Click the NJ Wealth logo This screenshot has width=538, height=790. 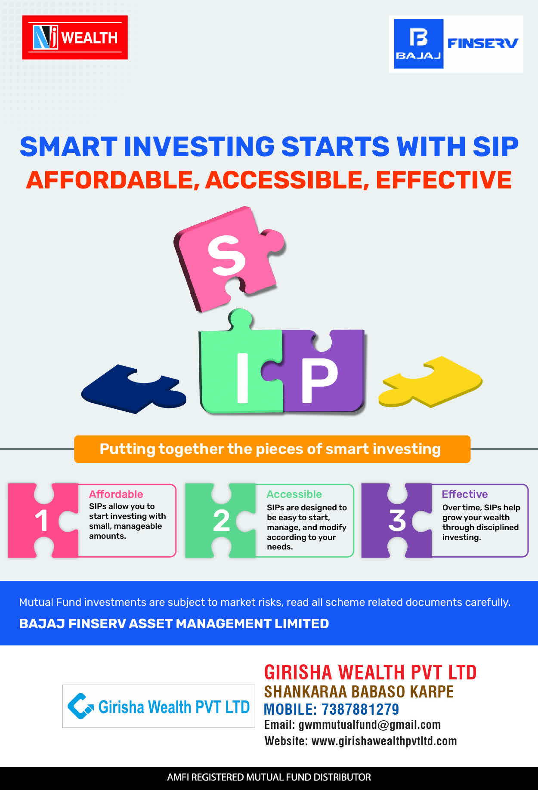pyautogui.click(x=75, y=37)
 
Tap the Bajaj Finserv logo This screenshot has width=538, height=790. pyautogui.click(x=456, y=44)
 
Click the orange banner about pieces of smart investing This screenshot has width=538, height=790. pyautogui.click(x=272, y=449)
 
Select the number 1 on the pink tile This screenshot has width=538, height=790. pyautogui.click(x=41, y=521)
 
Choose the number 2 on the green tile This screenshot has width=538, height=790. pyautogui.click(x=221, y=521)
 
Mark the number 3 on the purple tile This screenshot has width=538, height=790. pyautogui.click(x=397, y=521)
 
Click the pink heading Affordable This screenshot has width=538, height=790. pyautogui.click(x=116, y=494)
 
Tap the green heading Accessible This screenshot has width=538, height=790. pyautogui.click(x=294, y=494)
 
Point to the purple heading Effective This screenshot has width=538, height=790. pyautogui.click(x=465, y=494)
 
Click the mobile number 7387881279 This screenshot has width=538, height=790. pyautogui.click(x=361, y=709)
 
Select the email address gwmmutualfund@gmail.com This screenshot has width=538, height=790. pyautogui.click(x=370, y=725)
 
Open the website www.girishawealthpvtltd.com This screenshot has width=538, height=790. pyautogui.click(x=384, y=741)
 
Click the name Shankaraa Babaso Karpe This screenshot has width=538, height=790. pyautogui.click(x=359, y=691)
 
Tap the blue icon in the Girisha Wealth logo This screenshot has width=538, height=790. pyautogui.click(x=80, y=706)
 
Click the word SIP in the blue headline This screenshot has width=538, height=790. pyautogui.click(x=496, y=146)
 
